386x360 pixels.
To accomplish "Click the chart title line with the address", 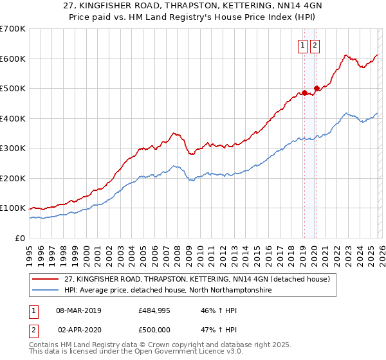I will tap(193, 6).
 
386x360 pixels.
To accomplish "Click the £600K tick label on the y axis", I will tap(13, 59).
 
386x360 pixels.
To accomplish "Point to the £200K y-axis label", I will tap(13, 178).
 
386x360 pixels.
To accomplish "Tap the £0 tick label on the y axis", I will tap(20, 238).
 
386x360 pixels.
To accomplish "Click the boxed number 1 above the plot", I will tap(302, 45).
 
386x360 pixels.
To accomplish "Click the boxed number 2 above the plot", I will tap(315, 45).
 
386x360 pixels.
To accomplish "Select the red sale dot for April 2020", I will tap(316, 89).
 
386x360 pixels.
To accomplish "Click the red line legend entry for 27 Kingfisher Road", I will tap(197, 279).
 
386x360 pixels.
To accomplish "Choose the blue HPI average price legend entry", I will tap(169, 291).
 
